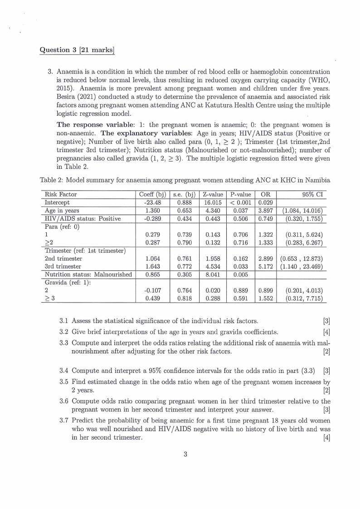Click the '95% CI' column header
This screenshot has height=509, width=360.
[312, 194]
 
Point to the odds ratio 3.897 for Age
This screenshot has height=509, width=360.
[265, 210]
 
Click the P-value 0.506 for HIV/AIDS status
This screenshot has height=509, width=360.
[240, 219]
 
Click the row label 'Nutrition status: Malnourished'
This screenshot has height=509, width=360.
[88, 274]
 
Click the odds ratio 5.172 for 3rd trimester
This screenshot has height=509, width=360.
[265, 266]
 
